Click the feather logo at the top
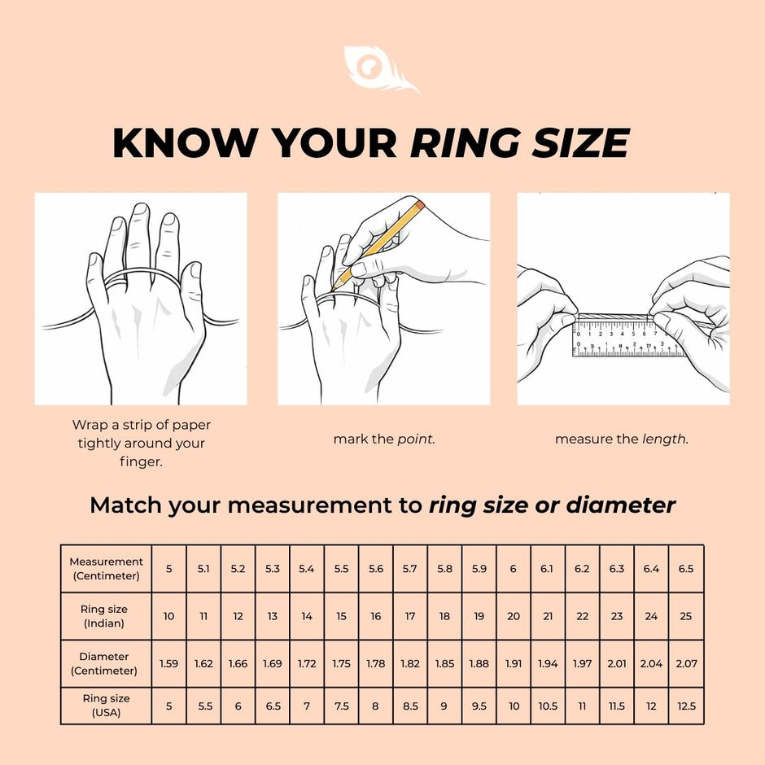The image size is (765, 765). tap(380, 70)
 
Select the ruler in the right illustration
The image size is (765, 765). tap(627, 338)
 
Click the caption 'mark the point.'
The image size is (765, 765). tap(383, 439)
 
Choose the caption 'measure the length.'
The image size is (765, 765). tap(622, 439)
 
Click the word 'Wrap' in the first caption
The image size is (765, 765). tap(90, 425)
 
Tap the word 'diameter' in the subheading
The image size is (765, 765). tap(621, 505)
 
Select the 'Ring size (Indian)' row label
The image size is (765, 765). tap(106, 616)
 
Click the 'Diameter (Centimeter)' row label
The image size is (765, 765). tap(106, 663)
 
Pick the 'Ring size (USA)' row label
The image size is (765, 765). tap(106, 706)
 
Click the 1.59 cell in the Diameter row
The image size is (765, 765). tap(168, 663)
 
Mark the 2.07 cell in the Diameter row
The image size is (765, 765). tap(686, 663)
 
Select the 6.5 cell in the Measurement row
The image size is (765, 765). tap(686, 569)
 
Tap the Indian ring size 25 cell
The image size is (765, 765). tap(686, 616)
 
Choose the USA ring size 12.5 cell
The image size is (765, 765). tap(686, 706)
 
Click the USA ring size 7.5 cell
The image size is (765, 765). tap(341, 706)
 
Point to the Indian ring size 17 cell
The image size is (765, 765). tap(410, 616)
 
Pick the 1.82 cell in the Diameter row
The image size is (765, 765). tap(410, 663)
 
